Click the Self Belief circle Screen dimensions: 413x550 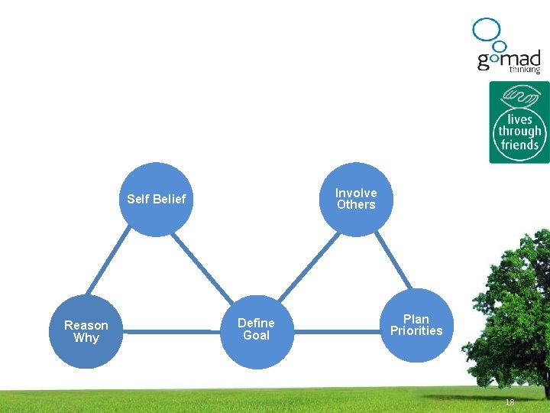point(156,200)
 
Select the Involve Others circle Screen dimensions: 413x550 point(356,199)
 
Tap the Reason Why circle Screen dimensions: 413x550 point(86,332)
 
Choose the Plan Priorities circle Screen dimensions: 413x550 point(416,325)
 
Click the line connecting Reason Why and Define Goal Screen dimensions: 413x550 point(171,332)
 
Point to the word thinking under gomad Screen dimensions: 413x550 point(525,69)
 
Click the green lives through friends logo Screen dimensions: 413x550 point(519,122)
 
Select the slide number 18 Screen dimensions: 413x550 point(510,402)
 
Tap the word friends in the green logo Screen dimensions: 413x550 point(519,145)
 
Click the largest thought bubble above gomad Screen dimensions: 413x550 point(485,29)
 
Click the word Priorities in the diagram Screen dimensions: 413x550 point(416,331)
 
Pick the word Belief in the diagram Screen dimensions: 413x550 point(170,200)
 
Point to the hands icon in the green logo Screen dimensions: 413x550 point(519,98)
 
